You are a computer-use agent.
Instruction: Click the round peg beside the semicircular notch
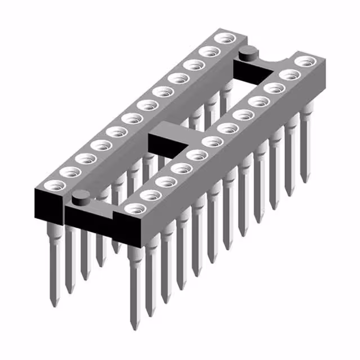click(x=247, y=55)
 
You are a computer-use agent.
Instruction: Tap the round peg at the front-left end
click(x=82, y=197)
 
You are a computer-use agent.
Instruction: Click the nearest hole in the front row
click(x=134, y=209)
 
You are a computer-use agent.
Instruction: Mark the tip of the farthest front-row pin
click(x=305, y=181)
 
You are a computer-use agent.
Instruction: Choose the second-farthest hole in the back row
click(x=210, y=52)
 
